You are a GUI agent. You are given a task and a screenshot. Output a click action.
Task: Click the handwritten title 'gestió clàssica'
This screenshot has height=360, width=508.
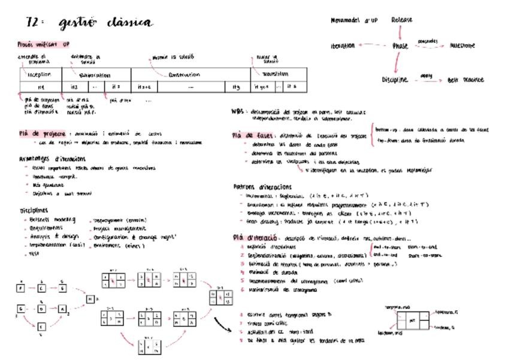[105, 23]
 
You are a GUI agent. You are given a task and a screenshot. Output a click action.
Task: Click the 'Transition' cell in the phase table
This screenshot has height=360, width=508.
[275, 74]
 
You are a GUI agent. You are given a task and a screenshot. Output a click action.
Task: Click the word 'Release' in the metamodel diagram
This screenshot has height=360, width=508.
[401, 20]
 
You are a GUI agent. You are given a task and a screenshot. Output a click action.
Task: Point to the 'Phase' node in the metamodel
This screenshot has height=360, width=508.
[400, 46]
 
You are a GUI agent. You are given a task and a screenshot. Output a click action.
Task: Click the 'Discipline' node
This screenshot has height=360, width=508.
[395, 80]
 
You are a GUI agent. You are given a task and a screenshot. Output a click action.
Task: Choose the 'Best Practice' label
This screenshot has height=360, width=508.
[465, 80]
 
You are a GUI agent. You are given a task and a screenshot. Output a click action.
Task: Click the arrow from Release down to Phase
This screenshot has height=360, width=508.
[401, 32]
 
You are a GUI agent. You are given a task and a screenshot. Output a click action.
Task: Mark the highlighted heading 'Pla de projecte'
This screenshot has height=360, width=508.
[41, 134]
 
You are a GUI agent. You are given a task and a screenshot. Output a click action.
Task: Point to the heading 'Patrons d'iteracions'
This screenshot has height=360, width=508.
[263, 187]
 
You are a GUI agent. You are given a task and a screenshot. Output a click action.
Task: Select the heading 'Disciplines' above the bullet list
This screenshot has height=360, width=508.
[34, 211]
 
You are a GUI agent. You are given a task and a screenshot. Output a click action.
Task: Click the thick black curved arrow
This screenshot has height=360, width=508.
[222, 323]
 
